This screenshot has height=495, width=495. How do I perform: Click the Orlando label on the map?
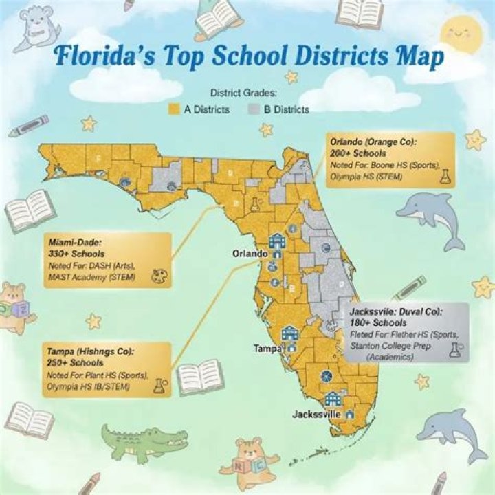point(249,254)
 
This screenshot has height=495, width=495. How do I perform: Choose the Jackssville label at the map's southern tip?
point(317,415)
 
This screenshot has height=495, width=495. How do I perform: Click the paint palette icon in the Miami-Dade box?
point(157,274)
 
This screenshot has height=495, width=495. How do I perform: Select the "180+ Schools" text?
point(378,322)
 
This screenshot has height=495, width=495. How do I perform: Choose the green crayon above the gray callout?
point(410,287)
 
